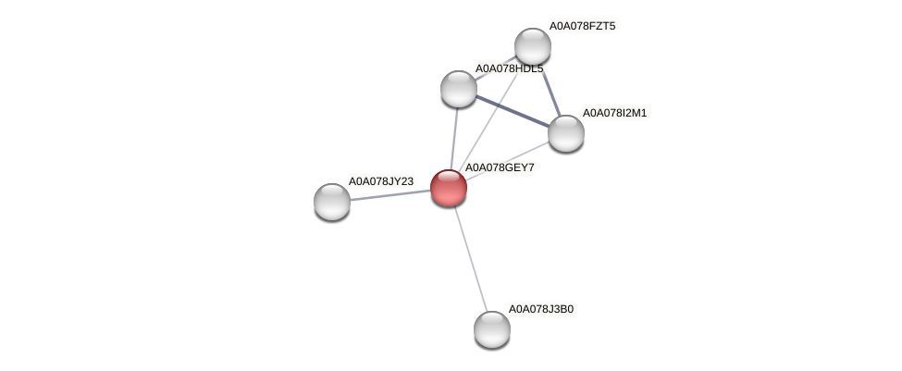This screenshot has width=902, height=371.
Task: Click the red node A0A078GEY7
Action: click(x=449, y=187)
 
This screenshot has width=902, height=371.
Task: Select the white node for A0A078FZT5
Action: click(x=533, y=46)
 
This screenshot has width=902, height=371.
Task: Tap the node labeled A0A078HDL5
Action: click(x=459, y=89)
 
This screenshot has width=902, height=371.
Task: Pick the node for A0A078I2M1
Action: click(x=566, y=133)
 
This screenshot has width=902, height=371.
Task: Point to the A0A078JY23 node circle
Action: click(x=332, y=201)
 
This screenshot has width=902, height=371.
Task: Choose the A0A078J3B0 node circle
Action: click(x=492, y=328)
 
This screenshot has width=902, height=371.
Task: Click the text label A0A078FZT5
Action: click(x=582, y=26)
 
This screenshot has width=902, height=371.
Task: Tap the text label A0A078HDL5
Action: click(x=509, y=68)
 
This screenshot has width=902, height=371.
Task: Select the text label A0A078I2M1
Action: click(x=615, y=113)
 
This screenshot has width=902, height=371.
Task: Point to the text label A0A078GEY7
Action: click(x=499, y=167)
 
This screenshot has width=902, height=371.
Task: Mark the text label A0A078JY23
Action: click(x=380, y=181)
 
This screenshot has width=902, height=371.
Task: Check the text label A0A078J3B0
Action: click(x=541, y=309)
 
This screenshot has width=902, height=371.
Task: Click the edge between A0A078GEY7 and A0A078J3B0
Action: click(x=471, y=259)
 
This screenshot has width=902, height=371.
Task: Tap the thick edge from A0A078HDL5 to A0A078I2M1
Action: click(x=513, y=111)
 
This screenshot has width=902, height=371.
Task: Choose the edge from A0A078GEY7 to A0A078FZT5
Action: click(x=491, y=116)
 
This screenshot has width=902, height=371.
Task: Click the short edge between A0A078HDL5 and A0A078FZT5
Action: click(x=495, y=68)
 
